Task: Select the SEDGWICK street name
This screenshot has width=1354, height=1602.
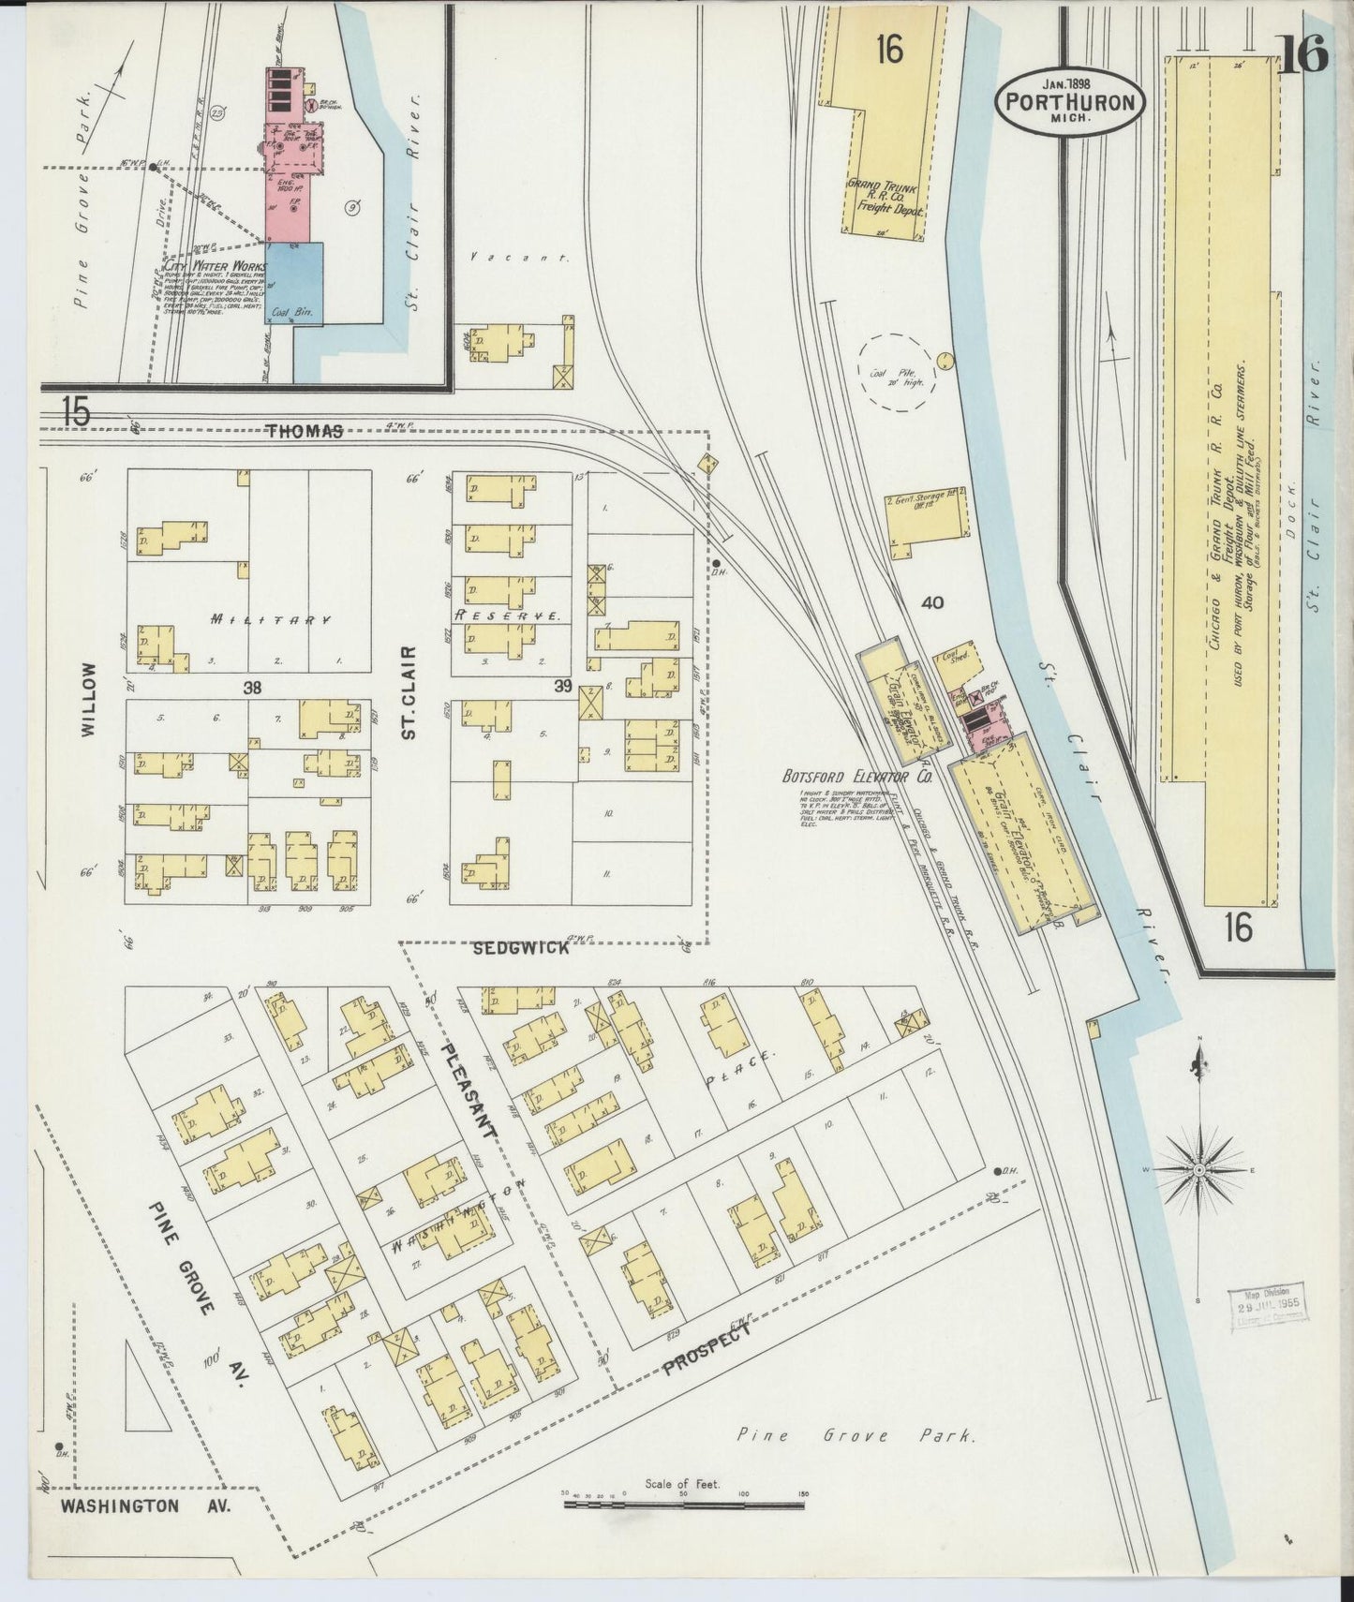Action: coord(520,948)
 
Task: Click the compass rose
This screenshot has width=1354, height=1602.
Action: coord(1199,1171)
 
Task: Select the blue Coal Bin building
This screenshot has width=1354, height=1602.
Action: coord(294,284)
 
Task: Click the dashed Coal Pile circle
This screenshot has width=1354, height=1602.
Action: coord(897,373)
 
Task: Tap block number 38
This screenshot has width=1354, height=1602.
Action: coord(251,688)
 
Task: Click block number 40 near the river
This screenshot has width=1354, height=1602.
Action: coord(931,603)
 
